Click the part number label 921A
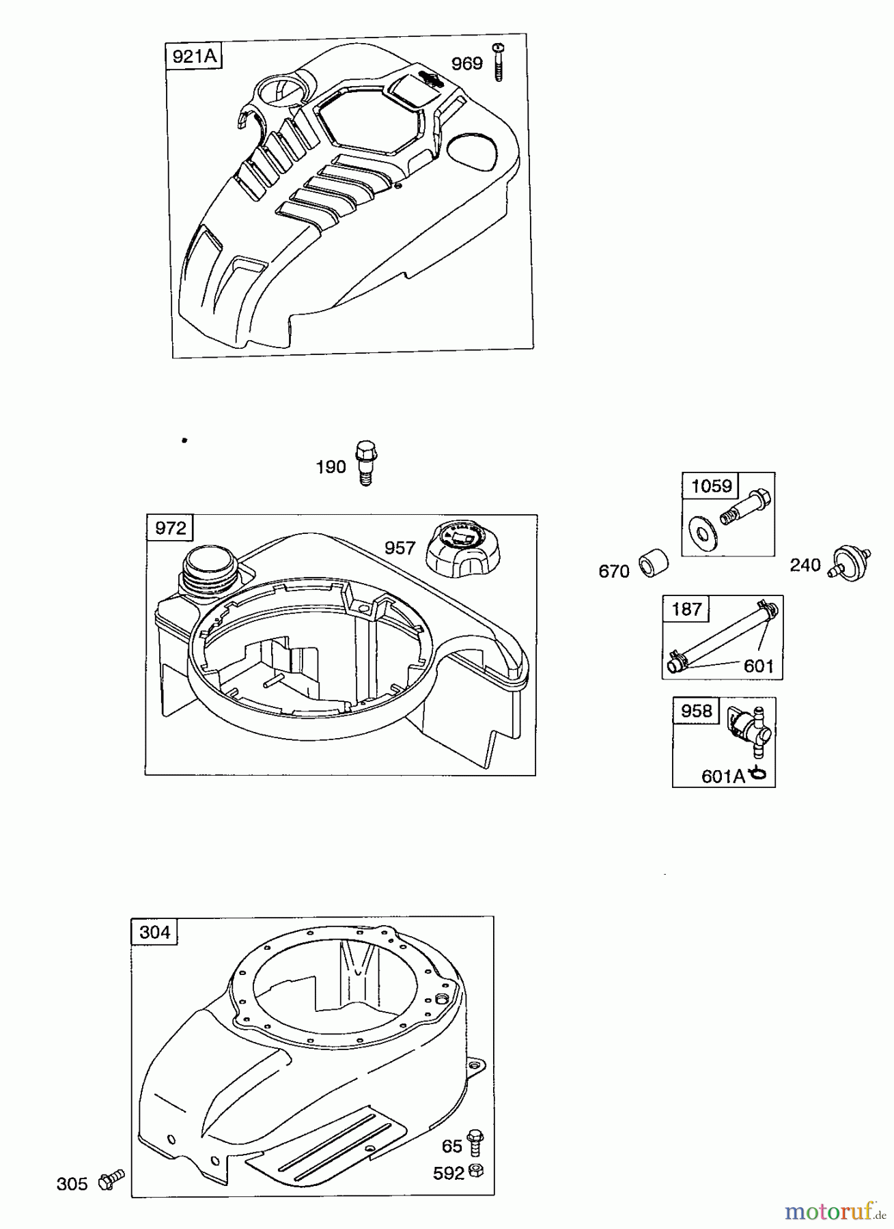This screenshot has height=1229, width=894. [x=195, y=56]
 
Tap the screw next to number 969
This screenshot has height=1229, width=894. [x=497, y=62]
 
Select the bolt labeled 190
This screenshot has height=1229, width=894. [x=366, y=464]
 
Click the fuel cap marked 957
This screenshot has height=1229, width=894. [x=456, y=549]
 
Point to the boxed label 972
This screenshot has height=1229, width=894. [x=170, y=528]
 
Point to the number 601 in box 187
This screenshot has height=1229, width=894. [x=758, y=666]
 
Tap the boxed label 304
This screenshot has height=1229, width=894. [x=154, y=932]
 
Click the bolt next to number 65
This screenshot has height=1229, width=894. [x=475, y=1144]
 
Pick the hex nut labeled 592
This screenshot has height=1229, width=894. [x=477, y=1171]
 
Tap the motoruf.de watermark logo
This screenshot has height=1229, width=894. [x=835, y=1211]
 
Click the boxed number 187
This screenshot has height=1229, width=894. [x=686, y=609]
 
